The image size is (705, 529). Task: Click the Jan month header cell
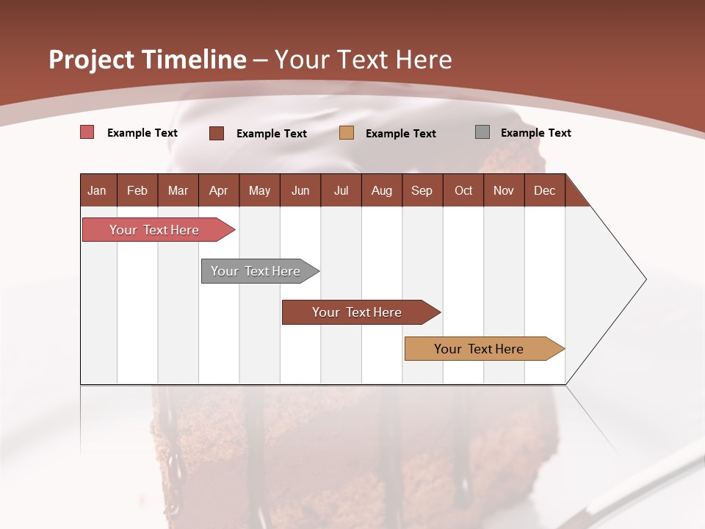click(98, 190)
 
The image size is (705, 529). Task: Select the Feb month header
click(137, 190)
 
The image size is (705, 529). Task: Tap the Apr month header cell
click(218, 190)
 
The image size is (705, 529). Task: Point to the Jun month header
click(300, 190)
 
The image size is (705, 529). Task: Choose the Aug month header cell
click(381, 190)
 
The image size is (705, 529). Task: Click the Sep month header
click(422, 190)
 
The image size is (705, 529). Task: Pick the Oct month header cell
click(463, 190)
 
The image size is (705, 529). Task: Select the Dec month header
click(544, 190)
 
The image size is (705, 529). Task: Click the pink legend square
click(87, 132)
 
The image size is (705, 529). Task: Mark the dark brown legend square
click(217, 133)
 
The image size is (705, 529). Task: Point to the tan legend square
click(347, 133)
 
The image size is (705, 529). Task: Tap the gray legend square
click(482, 132)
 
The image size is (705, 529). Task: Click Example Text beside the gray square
click(535, 133)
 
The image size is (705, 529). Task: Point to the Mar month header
click(178, 190)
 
